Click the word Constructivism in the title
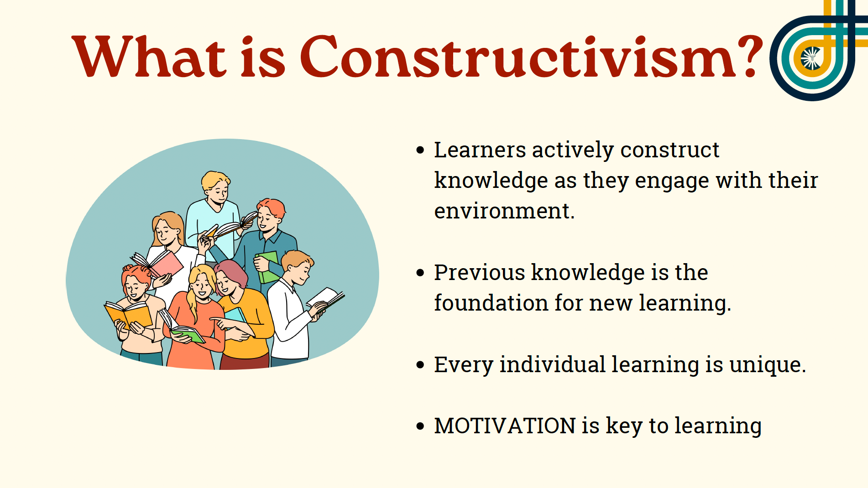coord(518,57)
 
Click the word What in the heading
coord(149,57)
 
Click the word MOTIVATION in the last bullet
coord(505,426)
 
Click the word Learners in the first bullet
coord(480,150)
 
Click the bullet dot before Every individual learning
coord(420,365)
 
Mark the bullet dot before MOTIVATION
coord(420,426)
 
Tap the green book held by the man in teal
coord(269,267)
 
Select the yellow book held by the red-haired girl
coord(128,315)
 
